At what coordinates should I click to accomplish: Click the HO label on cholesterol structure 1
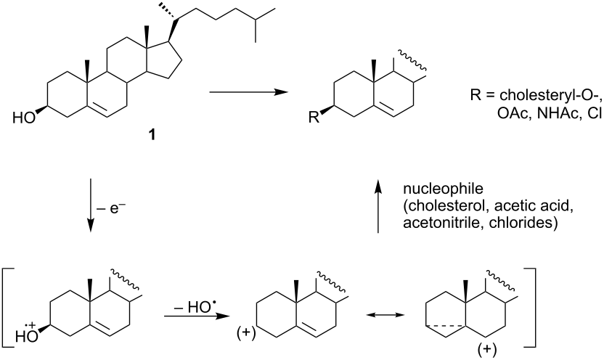[23, 118]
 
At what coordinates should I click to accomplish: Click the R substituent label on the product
[314, 117]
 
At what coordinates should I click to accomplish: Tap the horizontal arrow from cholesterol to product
[248, 92]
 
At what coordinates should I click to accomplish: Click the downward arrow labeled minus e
[91, 205]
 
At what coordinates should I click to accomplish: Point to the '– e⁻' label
[111, 209]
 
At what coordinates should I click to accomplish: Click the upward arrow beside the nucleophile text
[378, 206]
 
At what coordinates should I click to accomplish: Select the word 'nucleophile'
[443, 189]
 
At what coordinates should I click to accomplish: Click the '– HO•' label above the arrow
[193, 307]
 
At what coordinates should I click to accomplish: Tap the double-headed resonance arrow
[385, 315]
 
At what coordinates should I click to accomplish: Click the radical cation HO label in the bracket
[27, 333]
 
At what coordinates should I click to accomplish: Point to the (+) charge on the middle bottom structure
[247, 333]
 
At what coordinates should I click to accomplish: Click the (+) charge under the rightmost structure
[487, 350]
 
